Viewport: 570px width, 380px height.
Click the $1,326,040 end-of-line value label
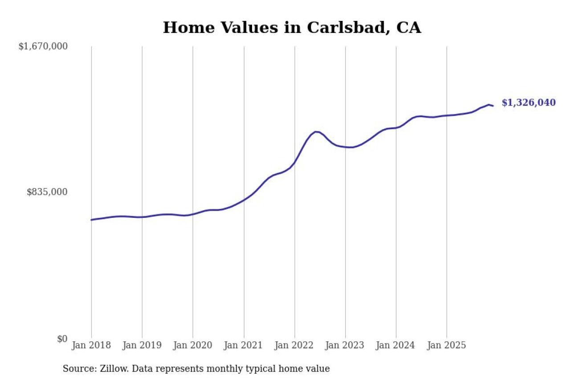coord(529,103)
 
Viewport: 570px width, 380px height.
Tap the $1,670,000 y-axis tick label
coord(43,46)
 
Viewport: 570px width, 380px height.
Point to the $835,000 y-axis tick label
coord(47,192)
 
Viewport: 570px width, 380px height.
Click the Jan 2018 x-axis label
coord(91,345)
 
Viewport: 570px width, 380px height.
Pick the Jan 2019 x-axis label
coord(142,345)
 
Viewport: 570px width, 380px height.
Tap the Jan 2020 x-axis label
coord(193,345)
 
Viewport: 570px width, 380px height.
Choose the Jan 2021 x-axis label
coord(244,345)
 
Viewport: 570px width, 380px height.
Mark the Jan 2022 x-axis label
coord(294,345)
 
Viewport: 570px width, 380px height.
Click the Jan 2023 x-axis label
coord(345,345)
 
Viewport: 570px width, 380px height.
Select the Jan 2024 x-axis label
coord(396,345)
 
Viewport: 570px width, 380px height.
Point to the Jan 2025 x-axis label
coord(447,345)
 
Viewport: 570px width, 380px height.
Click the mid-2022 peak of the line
coord(316,132)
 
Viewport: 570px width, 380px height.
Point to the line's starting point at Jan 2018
coord(91,220)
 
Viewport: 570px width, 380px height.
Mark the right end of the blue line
coord(493,106)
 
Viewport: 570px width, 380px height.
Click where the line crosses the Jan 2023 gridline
coord(345,147)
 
